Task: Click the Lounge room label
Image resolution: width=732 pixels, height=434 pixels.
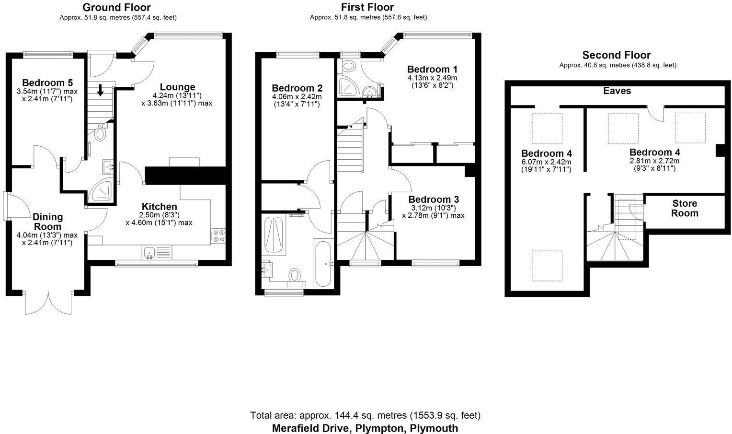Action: [177, 87]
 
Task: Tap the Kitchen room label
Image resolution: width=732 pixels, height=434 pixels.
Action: [159, 207]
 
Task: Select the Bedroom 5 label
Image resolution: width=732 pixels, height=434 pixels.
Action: [47, 82]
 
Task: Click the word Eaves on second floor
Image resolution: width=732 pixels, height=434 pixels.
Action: [617, 91]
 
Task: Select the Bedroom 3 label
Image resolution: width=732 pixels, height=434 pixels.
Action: [434, 199]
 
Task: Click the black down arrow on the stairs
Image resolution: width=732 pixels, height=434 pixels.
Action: [101, 90]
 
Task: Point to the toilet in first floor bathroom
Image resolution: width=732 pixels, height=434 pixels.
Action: [295, 275]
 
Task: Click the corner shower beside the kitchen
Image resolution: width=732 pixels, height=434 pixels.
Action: [101, 191]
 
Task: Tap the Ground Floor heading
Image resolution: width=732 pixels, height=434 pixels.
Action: [116, 7]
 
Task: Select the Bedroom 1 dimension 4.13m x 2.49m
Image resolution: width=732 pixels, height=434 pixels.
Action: [432, 78]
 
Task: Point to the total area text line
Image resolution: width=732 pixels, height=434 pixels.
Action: [365, 415]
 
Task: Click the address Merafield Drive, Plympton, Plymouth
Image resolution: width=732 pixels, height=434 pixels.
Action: [365, 428]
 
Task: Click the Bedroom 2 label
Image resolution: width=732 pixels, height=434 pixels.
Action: [297, 88]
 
